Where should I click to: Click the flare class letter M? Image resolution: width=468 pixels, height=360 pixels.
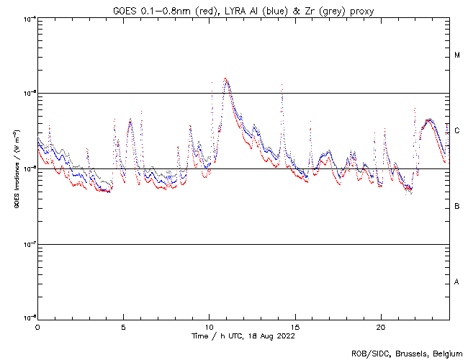tap(457, 55)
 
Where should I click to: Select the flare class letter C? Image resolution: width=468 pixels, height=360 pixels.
tap(457, 131)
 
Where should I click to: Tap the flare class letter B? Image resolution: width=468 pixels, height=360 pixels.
tap(457, 207)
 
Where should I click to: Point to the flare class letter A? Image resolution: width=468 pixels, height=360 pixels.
tap(457, 282)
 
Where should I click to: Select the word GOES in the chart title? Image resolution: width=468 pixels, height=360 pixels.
tap(125, 9)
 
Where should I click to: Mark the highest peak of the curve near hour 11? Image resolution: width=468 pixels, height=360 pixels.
tap(225, 78)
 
